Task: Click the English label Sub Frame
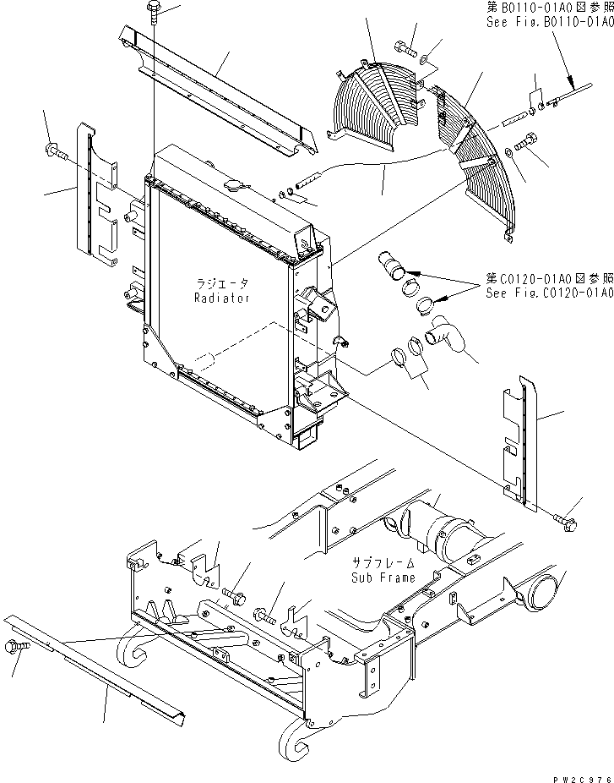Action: pyautogui.click(x=383, y=578)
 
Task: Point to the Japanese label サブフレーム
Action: pyautogui.click(x=383, y=564)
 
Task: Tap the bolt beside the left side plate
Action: pyautogui.click(x=50, y=151)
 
